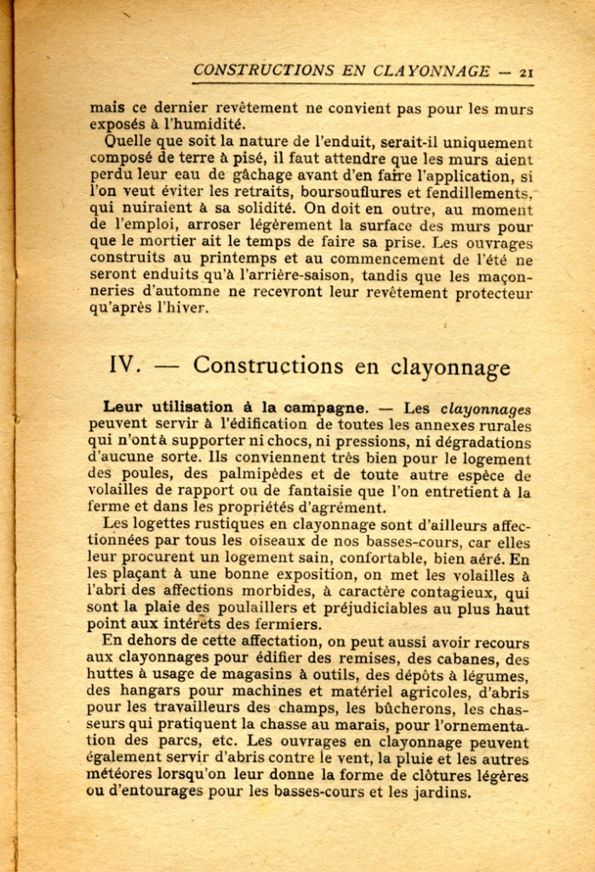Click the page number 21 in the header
526,72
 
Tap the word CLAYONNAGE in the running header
432,72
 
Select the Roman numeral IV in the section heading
124,365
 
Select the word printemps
215,259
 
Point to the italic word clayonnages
488,409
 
